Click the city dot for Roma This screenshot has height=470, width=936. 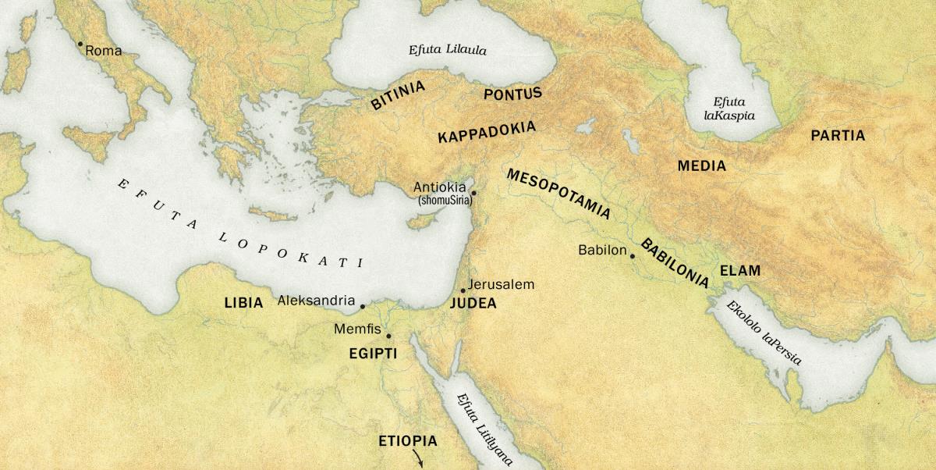tap(80, 44)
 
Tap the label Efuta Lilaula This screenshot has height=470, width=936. tap(448, 50)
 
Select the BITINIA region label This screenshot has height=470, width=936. tap(398, 94)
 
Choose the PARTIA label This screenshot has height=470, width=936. tap(838, 136)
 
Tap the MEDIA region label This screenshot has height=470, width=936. tap(701, 166)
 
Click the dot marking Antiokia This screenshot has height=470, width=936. tap(473, 192)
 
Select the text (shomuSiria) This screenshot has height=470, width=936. tap(445, 201)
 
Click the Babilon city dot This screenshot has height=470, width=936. tap(633, 256)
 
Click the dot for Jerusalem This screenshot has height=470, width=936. tap(463, 290)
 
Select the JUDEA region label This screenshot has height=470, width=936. tap(473, 304)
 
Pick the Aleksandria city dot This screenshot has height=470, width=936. tap(362, 306)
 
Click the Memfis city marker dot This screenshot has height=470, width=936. tap(388, 336)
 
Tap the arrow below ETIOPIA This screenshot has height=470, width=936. tap(418, 459)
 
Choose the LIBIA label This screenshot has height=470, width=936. tap(243, 303)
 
